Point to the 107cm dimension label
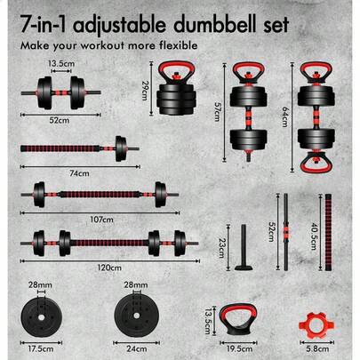point(101,218)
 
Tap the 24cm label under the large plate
point(135,349)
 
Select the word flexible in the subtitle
point(173,44)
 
